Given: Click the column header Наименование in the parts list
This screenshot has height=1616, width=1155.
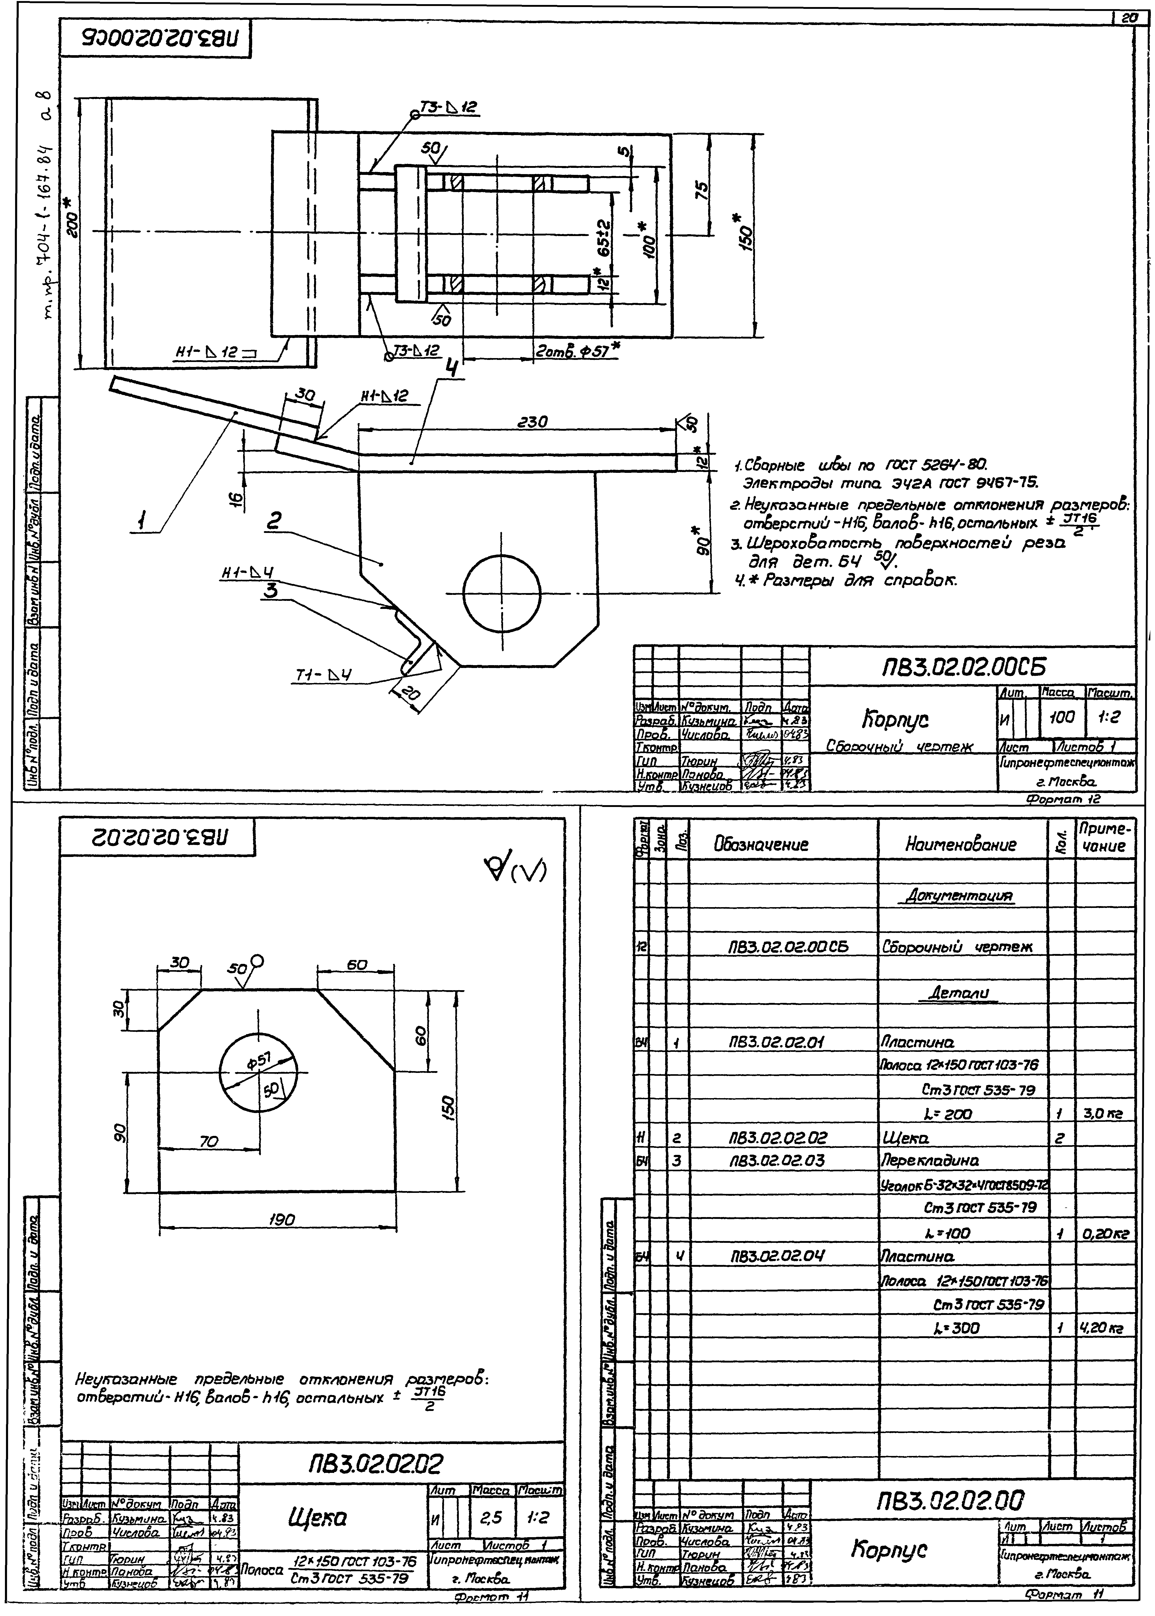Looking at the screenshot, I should [961, 845].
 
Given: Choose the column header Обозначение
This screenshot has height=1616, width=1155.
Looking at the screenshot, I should [761, 845].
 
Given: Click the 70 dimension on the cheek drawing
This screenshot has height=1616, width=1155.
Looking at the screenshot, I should [208, 1142].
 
